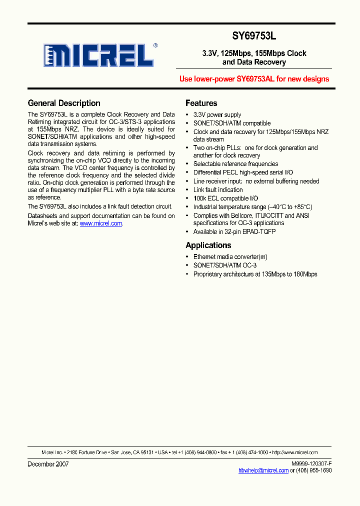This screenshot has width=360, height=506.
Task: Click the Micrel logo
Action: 98,55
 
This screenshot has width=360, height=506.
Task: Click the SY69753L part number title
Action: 254,36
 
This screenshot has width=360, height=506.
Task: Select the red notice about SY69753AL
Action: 254,79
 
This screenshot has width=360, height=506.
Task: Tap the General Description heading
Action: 64,103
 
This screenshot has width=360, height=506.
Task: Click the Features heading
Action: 201,103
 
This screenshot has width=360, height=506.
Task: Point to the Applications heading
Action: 208,245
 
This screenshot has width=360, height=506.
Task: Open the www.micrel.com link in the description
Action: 100,223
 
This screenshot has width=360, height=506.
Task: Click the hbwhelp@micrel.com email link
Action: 263,470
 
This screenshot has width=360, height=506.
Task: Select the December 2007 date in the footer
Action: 48,464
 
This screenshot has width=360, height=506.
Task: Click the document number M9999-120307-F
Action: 311,464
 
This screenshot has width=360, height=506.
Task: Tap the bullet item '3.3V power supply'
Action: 217,115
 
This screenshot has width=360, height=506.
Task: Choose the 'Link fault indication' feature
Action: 218,190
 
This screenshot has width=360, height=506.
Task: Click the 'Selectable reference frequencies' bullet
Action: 235,164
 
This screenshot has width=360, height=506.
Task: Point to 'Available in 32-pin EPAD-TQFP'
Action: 234,232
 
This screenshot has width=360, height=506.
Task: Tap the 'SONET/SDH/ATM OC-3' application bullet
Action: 224,265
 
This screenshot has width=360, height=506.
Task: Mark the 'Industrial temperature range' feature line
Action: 252,207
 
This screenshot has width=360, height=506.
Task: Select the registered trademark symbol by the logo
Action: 155,45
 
